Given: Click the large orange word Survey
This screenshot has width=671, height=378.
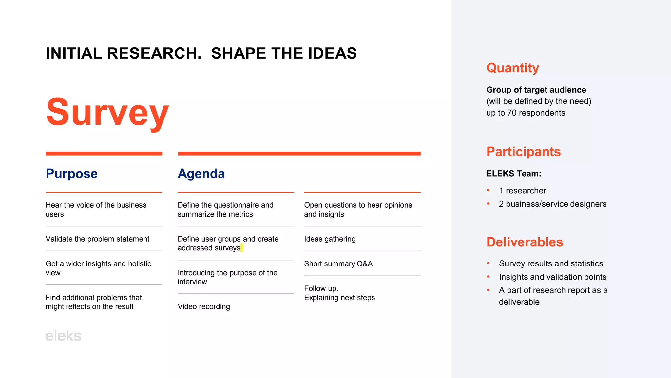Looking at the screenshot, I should point(107,112).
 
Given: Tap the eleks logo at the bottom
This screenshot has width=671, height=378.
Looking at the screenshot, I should point(63,336).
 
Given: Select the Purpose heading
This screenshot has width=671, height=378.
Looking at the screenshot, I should point(71,174).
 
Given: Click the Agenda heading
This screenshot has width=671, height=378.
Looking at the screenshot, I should point(201,174).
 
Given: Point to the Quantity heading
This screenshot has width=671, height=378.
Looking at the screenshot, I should point(512,68).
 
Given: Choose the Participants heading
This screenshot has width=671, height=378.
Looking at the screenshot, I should point(523,152).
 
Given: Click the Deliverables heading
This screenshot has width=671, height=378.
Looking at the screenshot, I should point(524,242).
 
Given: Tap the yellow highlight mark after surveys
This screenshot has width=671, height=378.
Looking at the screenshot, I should point(242,248).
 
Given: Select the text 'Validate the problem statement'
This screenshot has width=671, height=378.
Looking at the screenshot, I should point(97,239).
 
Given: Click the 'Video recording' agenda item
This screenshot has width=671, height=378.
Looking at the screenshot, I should point(203,306).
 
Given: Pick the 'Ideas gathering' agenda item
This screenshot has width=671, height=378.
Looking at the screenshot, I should point(330,239).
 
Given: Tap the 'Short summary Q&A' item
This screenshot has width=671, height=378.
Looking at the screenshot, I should point(338,264).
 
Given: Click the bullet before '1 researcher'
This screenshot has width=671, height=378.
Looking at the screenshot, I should point(488,190).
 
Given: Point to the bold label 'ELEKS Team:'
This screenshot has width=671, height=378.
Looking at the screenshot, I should point(513,174).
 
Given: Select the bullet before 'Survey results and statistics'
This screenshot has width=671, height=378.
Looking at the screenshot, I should point(488,263).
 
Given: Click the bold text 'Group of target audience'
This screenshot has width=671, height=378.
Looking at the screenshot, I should point(536,90).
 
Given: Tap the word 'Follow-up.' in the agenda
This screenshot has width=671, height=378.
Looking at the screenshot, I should point(321,288).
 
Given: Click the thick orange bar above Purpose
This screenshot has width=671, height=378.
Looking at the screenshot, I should point(104,153).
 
